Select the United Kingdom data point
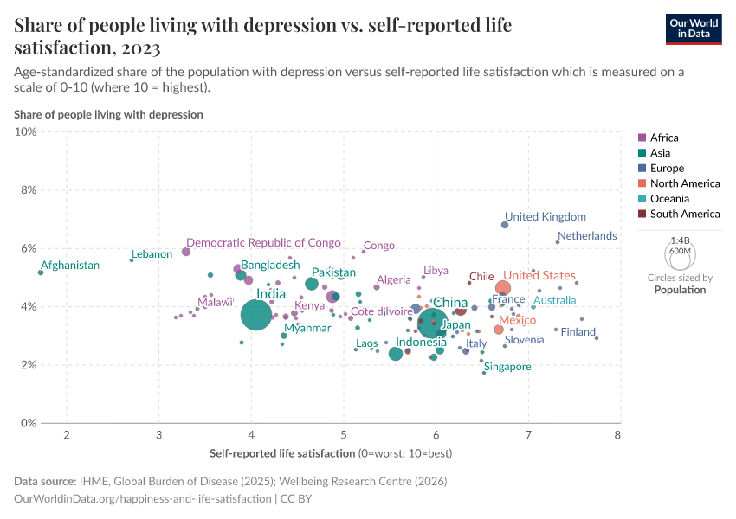click(x=505, y=225)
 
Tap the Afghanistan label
click(x=70, y=266)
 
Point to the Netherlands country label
click(x=587, y=235)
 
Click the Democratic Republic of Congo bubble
click(x=186, y=252)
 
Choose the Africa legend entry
click(x=664, y=138)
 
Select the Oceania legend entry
click(x=668, y=198)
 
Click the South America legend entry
click(x=684, y=214)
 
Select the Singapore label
click(x=507, y=367)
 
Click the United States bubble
click(x=503, y=288)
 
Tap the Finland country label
click(x=578, y=332)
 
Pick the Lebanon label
click(x=152, y=254)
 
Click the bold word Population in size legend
click(x=680, y=290)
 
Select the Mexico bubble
click(x=499, y=330)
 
